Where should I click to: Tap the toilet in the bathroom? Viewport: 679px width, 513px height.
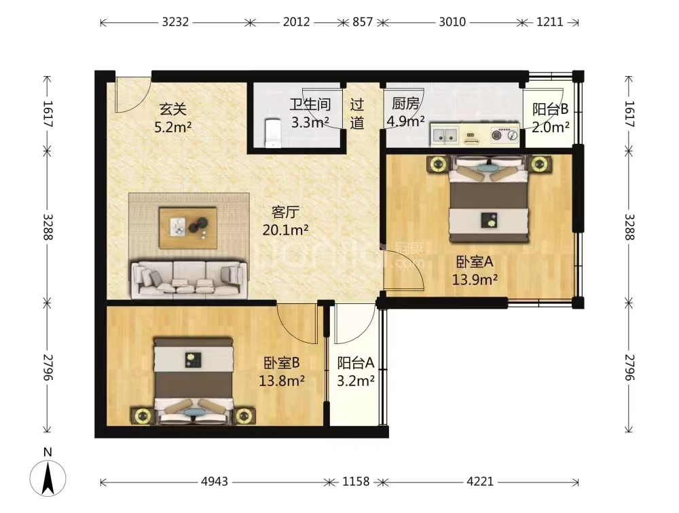273,132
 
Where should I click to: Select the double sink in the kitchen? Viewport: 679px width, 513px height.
445,134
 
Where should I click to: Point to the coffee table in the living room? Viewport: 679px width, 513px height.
188,228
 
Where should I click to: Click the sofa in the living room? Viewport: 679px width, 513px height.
189,280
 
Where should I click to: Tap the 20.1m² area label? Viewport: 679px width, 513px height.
285,230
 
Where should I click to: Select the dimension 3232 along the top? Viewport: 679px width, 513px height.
175,22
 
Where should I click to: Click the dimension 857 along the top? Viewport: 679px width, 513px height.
363,22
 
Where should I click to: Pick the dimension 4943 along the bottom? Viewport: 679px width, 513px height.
215,481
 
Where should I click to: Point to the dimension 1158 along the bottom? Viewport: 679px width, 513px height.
356,481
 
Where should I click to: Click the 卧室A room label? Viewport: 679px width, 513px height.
475,261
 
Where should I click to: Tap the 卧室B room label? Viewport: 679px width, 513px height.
282,362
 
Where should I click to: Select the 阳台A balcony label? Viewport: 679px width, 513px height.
356,362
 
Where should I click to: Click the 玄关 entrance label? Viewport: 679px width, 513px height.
172,109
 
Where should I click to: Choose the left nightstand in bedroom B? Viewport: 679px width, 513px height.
142,416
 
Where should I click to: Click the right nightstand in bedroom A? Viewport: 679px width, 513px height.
539,164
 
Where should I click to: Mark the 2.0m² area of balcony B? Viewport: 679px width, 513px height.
551,128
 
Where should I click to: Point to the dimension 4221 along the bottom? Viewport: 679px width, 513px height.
480,481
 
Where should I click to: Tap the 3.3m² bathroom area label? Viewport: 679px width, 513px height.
310,123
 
